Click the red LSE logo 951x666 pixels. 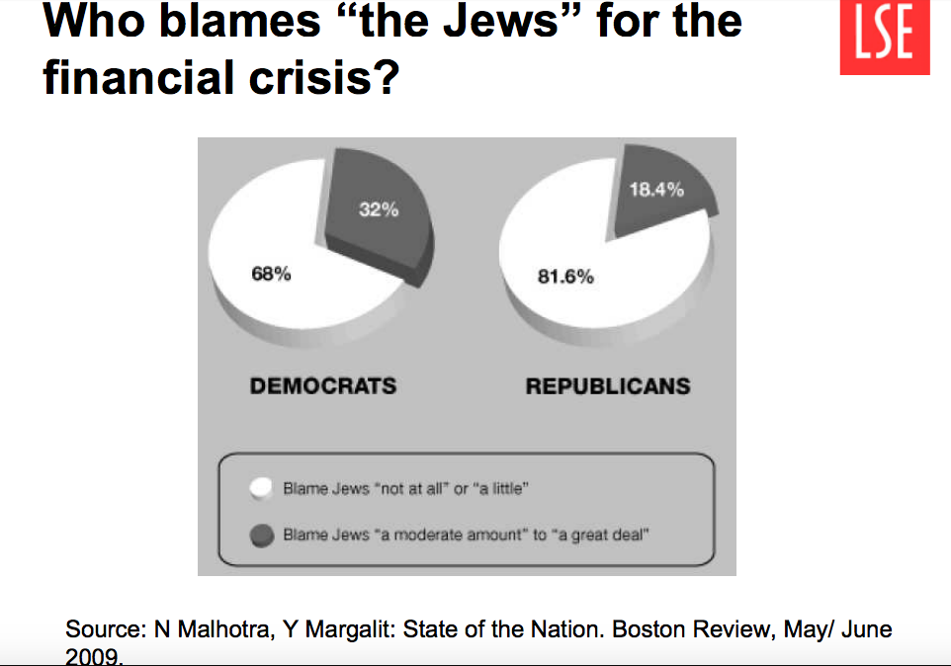[x=884, y=38]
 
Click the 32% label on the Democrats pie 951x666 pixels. [x=378, y=209]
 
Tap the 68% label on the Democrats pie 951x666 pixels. [x=271, y=274]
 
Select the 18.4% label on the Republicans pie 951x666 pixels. [x=656, y=190]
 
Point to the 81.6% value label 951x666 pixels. [x=565, y=277]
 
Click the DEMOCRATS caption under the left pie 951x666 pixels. [x=323, y=385]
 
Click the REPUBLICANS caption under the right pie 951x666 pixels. [x=608, y=385]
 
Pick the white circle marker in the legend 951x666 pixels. [x=260, y=488]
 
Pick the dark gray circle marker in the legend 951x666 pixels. [x=260, y=535]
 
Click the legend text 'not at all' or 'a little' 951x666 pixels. [x=406, y=488]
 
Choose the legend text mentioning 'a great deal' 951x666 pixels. [x=465, y=535]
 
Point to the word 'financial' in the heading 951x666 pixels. [x=134, y=78]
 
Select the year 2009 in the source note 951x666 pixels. [x=94, y=655]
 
